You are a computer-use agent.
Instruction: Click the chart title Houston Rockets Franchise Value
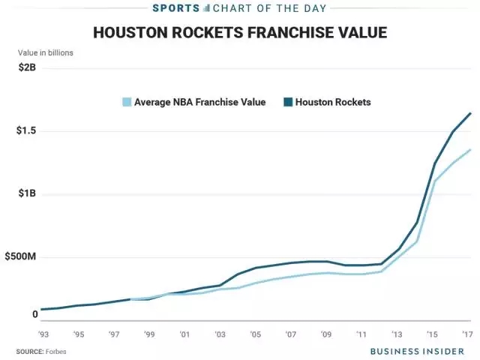tap(239, 33)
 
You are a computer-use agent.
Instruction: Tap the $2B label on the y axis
tap(28, 68)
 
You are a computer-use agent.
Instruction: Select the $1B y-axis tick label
tap(28, 194)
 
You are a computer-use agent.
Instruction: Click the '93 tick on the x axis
tap(43, 334)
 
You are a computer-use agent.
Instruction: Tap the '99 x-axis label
tap(149, 334)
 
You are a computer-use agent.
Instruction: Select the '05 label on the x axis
tap(255, 334)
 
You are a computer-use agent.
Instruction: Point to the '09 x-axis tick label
tap(325, 334)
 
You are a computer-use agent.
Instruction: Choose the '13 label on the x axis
tap(396, 334)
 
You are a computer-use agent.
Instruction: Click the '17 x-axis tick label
tap(466, 334)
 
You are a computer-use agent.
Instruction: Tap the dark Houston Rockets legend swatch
tap(288, 101)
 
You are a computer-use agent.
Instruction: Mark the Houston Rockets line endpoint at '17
tap(470, 113)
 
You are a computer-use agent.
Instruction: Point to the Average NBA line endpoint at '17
tap(470, 150)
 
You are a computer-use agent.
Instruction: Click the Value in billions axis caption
tap(46, 52)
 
